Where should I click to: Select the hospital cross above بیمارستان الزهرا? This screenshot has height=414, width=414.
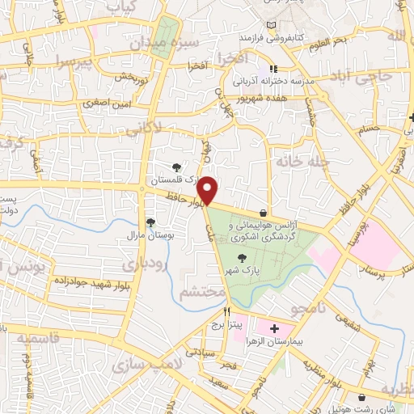coord(273,328)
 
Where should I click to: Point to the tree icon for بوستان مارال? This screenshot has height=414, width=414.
coord(150,222)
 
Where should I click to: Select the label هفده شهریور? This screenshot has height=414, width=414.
coord(265,98)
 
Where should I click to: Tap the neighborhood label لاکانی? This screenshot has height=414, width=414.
coord(167,126)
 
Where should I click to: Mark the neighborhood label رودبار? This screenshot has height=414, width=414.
coord(142,264)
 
